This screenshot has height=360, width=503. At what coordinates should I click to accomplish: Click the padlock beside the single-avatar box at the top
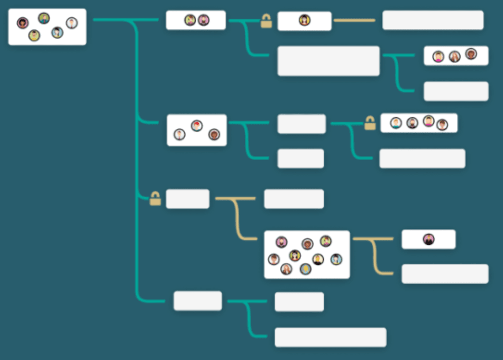click(267, 22)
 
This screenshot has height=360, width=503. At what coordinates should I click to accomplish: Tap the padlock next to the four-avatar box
click(370, 123)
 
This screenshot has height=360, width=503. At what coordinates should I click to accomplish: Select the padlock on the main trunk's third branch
click(155, 199)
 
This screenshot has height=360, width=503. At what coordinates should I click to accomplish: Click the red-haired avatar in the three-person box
click(197, 126)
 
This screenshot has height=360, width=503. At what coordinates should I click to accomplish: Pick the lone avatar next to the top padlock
click(304, 21)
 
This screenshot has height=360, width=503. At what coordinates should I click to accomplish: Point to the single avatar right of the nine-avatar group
click(428, 239)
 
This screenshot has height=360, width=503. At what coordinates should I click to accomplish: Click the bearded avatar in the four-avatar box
click(413, 123)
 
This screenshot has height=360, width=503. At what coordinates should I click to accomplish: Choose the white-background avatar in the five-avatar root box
click(72, 23)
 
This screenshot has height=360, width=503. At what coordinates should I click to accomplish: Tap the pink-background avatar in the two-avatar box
click(204, 20)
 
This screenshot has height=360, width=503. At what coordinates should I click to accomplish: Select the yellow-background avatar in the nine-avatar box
click(318, 259)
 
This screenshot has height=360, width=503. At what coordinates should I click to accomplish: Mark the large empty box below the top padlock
click(328, 61)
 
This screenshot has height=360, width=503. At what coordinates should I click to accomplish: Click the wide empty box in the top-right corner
click(433, 20)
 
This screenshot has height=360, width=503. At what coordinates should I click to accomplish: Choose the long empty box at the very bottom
click(330, 337)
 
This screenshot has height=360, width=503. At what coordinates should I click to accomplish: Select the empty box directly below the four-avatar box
click(422, 159)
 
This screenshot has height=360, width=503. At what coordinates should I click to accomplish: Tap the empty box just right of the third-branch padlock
click(188, 199)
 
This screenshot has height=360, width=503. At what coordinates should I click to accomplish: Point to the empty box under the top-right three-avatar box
click(455, 91)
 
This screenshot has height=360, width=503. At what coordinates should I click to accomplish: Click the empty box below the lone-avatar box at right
click(444, 274)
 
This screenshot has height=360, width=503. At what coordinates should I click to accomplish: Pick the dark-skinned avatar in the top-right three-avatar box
click(471, 54)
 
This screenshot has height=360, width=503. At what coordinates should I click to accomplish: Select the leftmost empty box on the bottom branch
click(197, 301)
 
